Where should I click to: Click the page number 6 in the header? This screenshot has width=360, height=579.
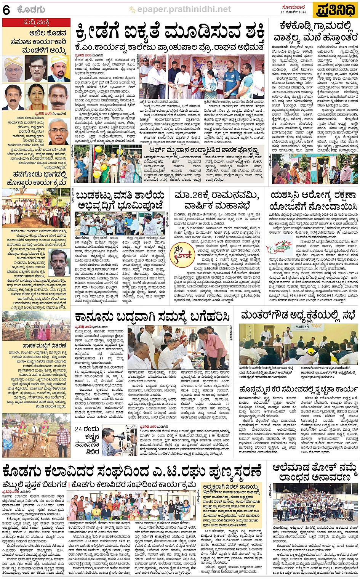click(6, 10)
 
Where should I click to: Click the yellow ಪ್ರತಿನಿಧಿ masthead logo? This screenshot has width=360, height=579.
click(335, 10)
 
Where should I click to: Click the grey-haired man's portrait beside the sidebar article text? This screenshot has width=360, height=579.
click(58, 131)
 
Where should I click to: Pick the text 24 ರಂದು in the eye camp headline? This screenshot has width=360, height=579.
click(87, 429)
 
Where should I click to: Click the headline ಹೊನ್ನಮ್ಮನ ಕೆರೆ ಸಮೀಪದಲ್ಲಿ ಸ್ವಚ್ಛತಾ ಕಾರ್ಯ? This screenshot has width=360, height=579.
click(298, 389)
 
